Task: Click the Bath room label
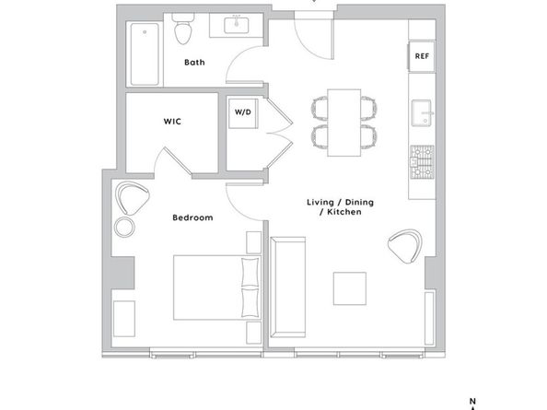click(x=194, y=63)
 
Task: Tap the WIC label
click(x=172, y=122)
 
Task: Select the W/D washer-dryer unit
click(x=243, y=113)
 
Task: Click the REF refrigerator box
click(x=422, y=56)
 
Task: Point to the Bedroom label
click(x=192, y=217)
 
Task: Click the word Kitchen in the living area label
click(x=344, y=212)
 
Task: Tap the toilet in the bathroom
click(x=183, y=29)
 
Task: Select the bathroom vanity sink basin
click(x=237, y=25)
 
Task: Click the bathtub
click(x=145, y=53)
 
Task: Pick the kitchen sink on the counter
click(x=422, y=112)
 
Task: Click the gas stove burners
click(x=422, y=162)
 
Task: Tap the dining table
click(x=344, y=123)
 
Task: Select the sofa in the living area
click(x=288, y=287)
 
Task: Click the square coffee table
click(x=350, y=288)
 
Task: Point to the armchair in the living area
click(x=405, y=246)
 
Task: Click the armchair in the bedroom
click(x=132, y=198)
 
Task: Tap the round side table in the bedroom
click(x=124, y=228)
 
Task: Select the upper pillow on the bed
click(x=250, y=272)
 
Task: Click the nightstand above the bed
click(x=253, y=242)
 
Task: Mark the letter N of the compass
click(x=472, y=402)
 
